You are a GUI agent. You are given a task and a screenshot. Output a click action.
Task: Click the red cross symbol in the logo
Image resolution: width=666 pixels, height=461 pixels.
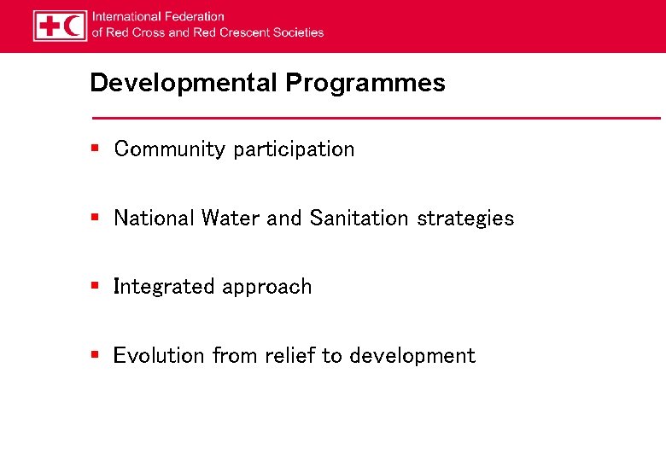tap(49, 26)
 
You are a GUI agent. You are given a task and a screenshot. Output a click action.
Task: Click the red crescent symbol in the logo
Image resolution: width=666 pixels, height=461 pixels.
tap(73, 26)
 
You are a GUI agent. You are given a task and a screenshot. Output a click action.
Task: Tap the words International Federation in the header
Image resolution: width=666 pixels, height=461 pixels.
tap(158, 16)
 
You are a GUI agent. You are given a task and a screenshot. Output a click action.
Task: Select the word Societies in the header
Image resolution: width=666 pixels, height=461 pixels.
tap(298, 32)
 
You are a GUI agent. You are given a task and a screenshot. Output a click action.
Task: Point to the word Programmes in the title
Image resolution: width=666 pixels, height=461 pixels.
tap(365, 83)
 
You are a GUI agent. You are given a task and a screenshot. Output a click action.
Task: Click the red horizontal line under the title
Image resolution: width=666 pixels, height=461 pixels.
tap(376, 117)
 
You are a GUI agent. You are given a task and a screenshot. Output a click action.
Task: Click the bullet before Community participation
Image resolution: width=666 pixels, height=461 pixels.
tap(96, 149)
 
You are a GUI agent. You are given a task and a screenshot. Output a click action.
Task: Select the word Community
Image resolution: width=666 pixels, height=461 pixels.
tap(169, 149)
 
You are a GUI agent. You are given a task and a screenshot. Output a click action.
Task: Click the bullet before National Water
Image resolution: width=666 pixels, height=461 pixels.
tap(96, 218)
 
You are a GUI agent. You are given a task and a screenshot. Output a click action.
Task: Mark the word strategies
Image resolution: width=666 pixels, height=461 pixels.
tap(465, 219)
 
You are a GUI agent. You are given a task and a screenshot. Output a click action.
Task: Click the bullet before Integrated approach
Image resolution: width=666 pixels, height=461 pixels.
tap(96, 286)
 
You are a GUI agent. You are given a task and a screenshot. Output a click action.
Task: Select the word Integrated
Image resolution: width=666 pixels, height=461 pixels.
tap(164, 287)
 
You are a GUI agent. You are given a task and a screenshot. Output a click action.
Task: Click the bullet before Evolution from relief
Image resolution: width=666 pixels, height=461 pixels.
tap(96, 355)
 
